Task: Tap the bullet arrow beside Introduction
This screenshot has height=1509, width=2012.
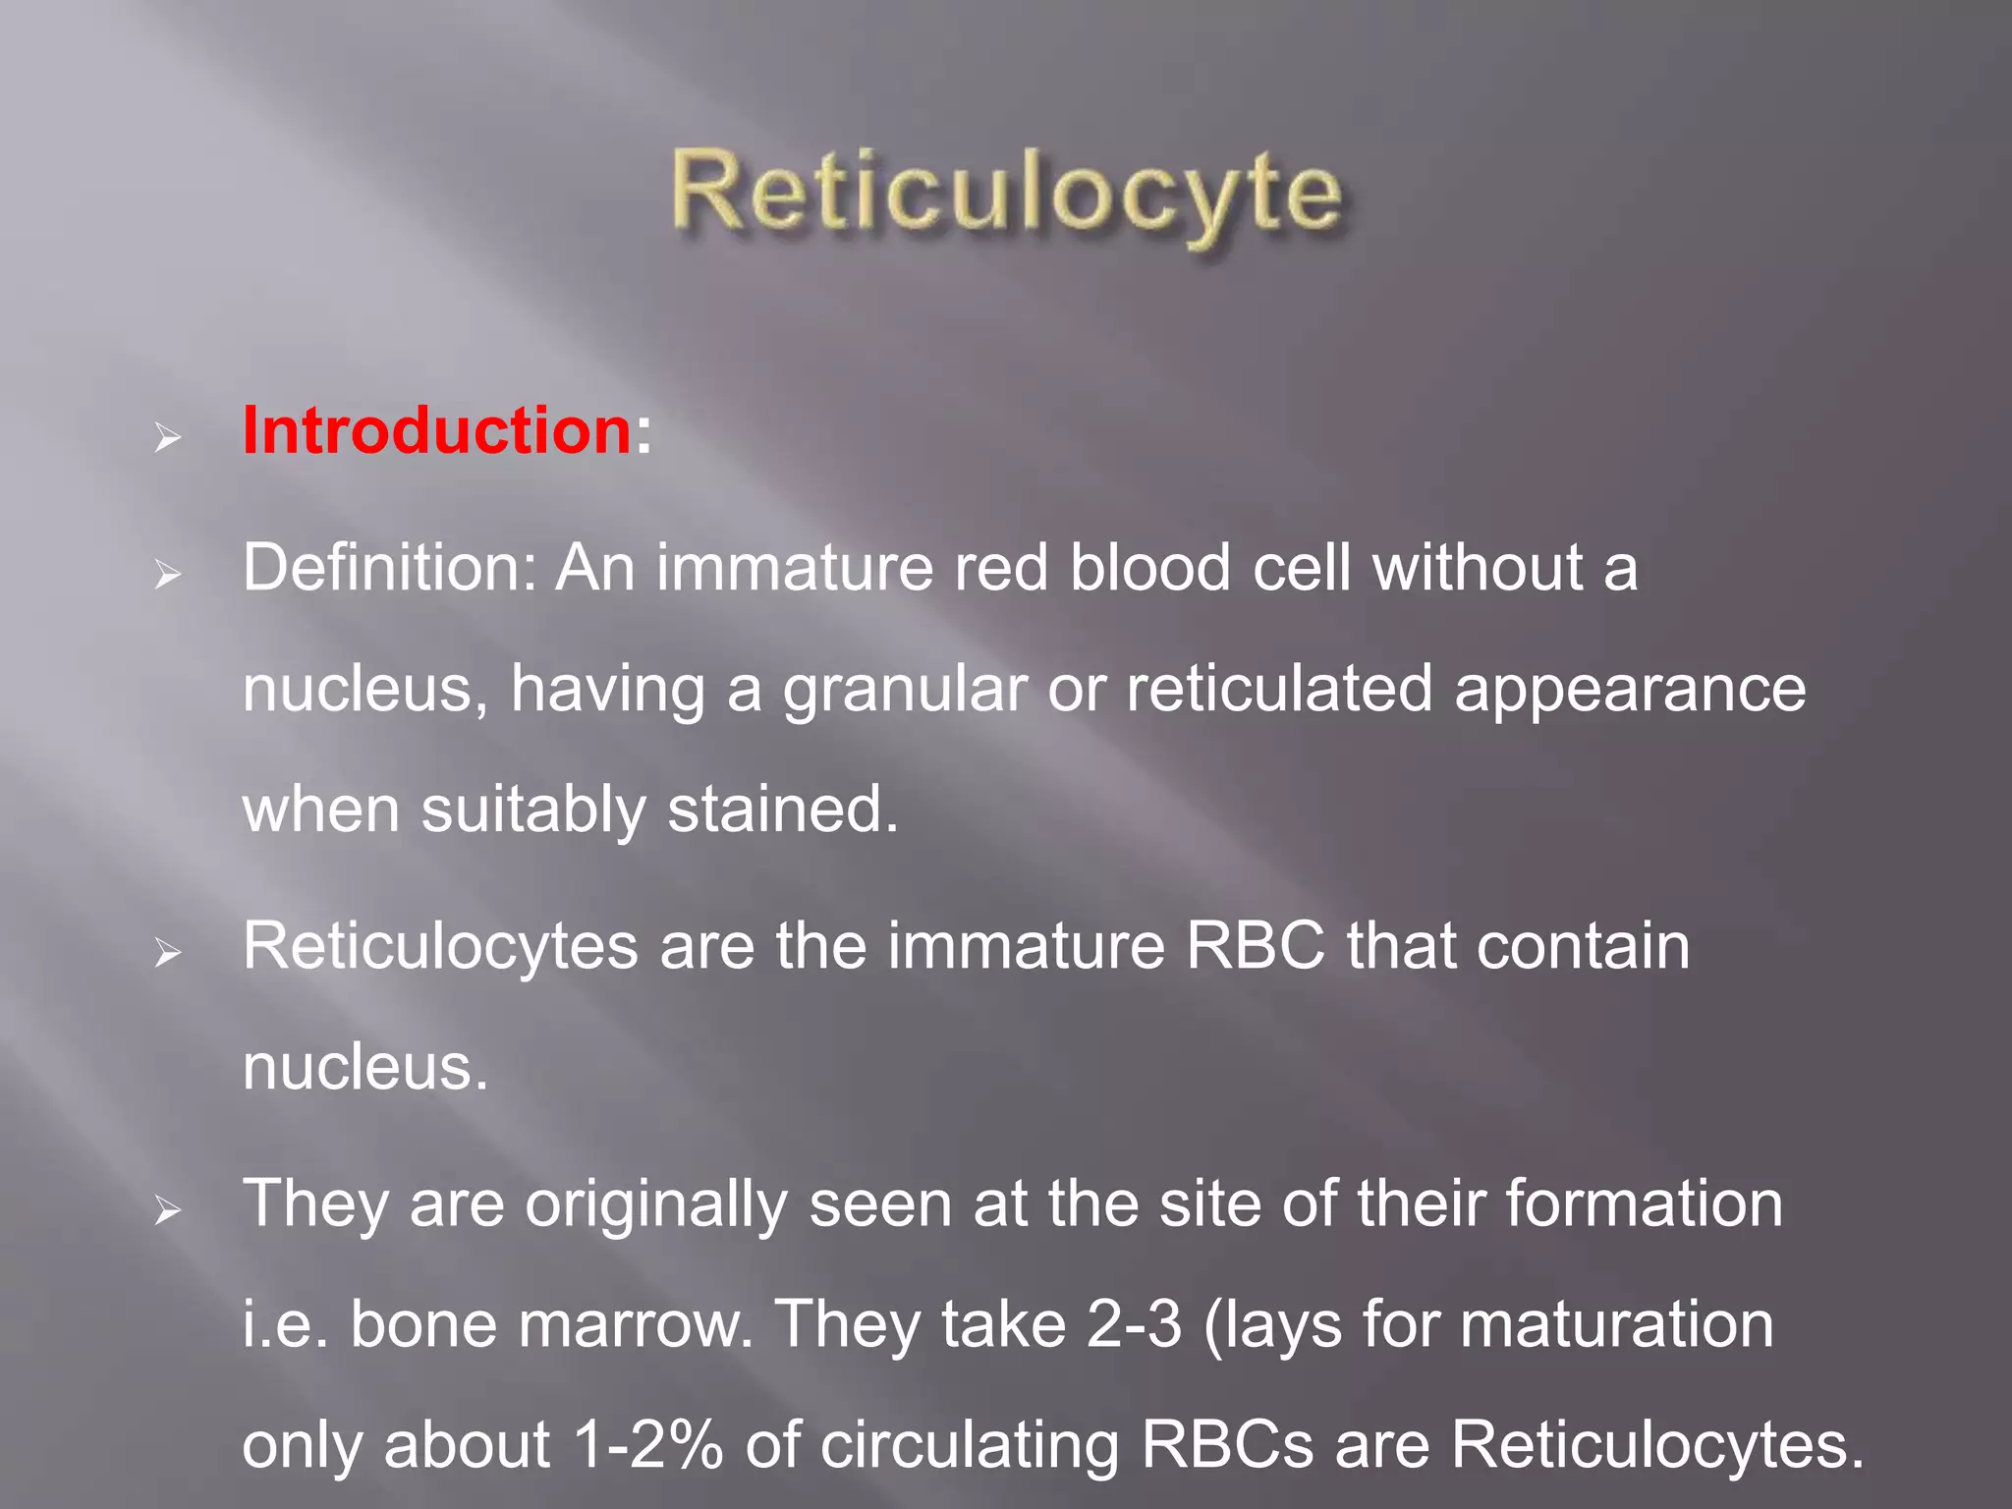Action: pos(168,438)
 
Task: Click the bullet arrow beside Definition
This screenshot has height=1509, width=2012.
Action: pos(168,575)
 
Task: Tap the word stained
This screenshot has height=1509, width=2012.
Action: pos(782,810)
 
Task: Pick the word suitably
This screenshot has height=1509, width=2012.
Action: pos(533,811)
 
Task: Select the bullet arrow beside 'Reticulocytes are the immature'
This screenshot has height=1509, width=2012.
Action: pos(168,952)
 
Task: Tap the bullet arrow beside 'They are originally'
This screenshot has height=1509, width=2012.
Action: pos(168,1210)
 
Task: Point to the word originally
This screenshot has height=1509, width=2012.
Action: pos(655,1206)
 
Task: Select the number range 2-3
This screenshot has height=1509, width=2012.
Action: pos(1134,1324)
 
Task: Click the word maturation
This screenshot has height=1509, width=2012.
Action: pos(1617,1324)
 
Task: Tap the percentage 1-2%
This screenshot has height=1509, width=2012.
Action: pos(647,1445)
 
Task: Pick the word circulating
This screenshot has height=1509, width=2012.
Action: pos(969,1447)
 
